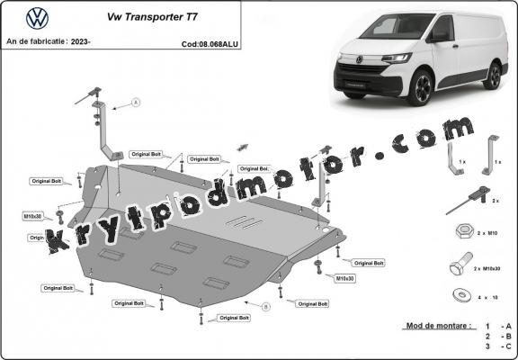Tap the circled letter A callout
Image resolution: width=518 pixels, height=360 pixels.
coord(136,103)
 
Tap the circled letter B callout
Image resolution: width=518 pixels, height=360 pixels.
coord(266,307)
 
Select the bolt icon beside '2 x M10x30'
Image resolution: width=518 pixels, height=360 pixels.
coord(457,267)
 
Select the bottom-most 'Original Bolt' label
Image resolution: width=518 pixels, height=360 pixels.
coord(234,318)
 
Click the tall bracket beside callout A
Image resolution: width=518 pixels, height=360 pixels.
coord(105,135)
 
